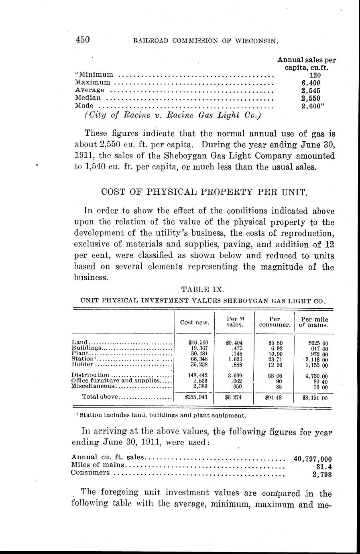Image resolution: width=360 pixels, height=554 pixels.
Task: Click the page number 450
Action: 82,40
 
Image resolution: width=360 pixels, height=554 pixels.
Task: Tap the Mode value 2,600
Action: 312,106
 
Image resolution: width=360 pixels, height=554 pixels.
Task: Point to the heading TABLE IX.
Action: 200,289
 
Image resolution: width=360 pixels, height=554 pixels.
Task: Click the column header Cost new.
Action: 195,322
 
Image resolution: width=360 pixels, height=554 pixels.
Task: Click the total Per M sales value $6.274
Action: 234,397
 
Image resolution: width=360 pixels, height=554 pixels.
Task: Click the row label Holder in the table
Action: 82,364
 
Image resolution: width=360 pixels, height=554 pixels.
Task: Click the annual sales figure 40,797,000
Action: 312,459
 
